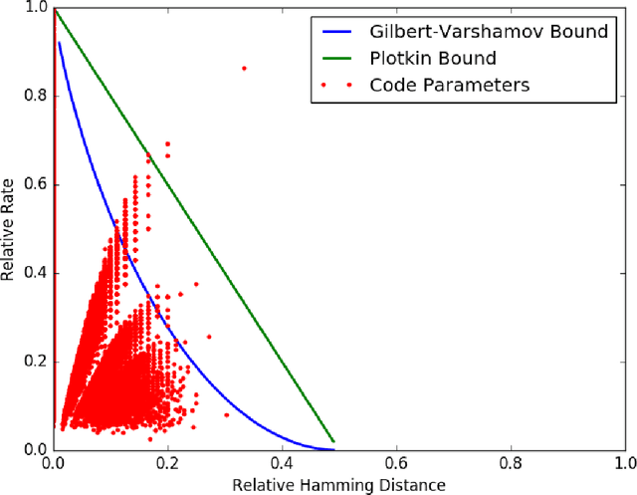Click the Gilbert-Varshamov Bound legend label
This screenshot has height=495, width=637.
tap(482, 32)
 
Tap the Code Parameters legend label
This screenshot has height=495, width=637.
tap(449, 85)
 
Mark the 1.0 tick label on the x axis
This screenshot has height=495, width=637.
tap(624, 463)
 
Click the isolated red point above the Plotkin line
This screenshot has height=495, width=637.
tap(245, 68)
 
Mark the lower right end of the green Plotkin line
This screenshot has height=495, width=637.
tap(333, 441)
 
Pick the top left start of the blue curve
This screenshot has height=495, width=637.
tap(60, 43)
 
